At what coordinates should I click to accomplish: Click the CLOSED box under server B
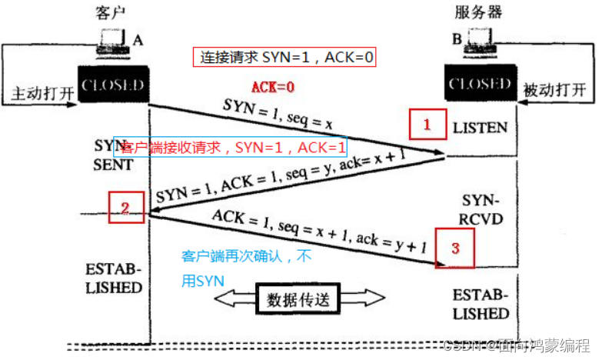coord(480,83)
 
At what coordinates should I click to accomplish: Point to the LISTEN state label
coord(481,127)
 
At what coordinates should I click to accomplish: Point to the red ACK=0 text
coord(274,87)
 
